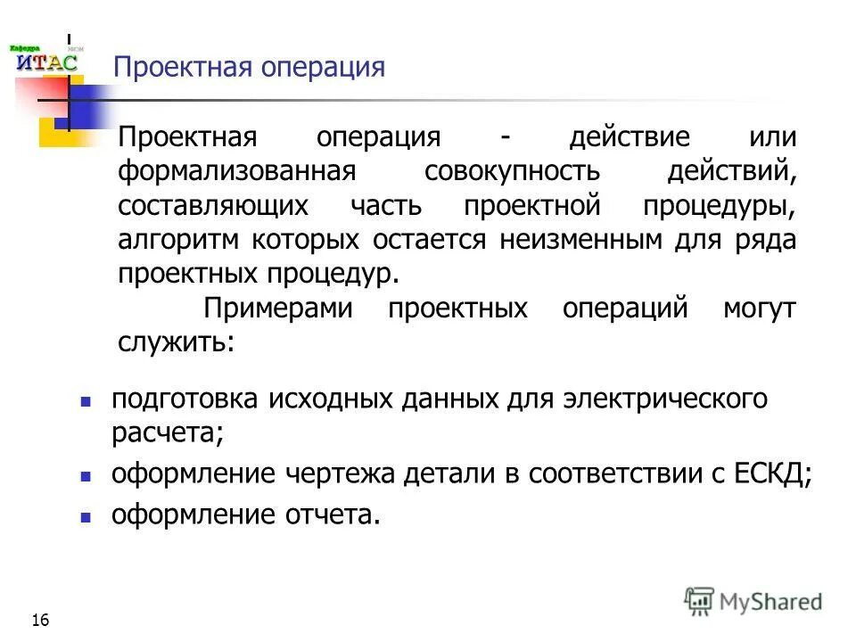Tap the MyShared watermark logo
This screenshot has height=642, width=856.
pyautogui.click(x=753, y=601)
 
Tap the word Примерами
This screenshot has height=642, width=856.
pyautogui.click(x=278, y=309)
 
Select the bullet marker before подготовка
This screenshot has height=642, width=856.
pyautogui.click(x=86, y=400)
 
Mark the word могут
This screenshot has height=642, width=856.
pyautogui.click(x=759, y=309)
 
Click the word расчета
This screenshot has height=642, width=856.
pyautogui.click(x=167, y=433)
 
